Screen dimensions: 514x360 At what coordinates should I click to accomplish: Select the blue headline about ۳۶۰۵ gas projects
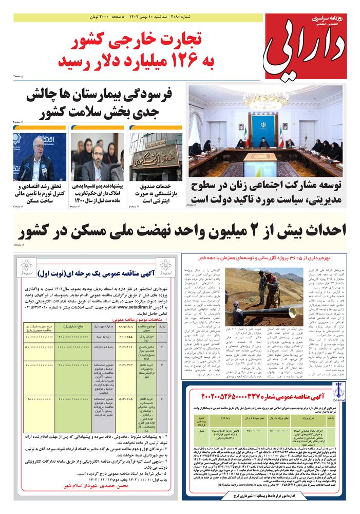[273, 258]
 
